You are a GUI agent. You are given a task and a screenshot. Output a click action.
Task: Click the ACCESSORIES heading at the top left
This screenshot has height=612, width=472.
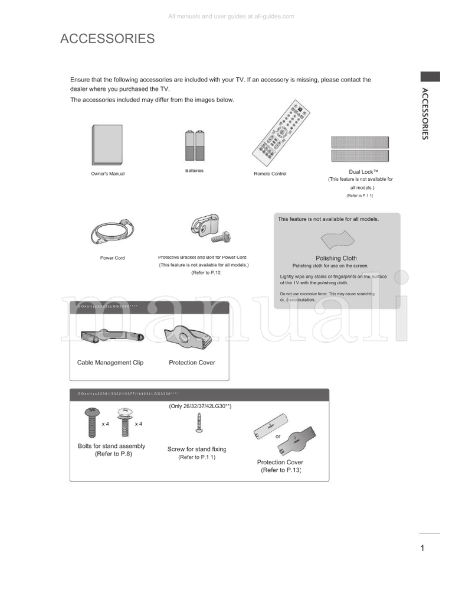pyautogui.click(x=107, y=39)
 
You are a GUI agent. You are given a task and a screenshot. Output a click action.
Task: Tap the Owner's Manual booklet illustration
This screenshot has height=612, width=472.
pyautogui.click(x=107, y=145)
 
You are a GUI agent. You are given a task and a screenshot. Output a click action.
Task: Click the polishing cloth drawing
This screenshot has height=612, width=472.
pyautogui.click(x=337, y=241)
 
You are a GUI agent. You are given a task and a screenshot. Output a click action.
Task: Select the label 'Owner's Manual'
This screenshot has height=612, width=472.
pyautogui.click(x=107, y=174)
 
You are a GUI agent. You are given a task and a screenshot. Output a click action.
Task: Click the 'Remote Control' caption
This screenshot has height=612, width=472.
pyautogui.click(x=270, y=174)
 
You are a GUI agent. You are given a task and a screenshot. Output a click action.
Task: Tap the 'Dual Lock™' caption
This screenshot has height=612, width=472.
pyautogui.click(x=363, y=171)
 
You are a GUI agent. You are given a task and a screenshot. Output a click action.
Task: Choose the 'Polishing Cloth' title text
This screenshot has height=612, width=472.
pyautogui.click(x=336, y=258)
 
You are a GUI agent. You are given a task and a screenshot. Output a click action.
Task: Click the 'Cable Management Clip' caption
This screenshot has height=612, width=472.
pyautogui.click(x=110, y=363)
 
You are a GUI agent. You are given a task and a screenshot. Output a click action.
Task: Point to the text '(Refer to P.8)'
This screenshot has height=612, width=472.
pyautogui.click(x=112, y=454)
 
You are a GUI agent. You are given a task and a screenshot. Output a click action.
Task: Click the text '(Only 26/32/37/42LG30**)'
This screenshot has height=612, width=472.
pyautogui.click(x=199, y=406)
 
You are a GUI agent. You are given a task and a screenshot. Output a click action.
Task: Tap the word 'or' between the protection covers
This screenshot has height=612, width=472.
pyautogui.click(x=278, y=437)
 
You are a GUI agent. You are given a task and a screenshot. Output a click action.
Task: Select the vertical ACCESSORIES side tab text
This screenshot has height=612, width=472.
pyautogui.click(x=425, y=113)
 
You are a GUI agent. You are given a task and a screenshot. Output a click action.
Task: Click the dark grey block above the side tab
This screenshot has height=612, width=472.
pyautogui.click(x=430, y=76)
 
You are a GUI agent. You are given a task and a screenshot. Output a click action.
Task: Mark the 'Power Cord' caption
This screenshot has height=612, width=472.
pyautogui.click(x=112, y=258)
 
